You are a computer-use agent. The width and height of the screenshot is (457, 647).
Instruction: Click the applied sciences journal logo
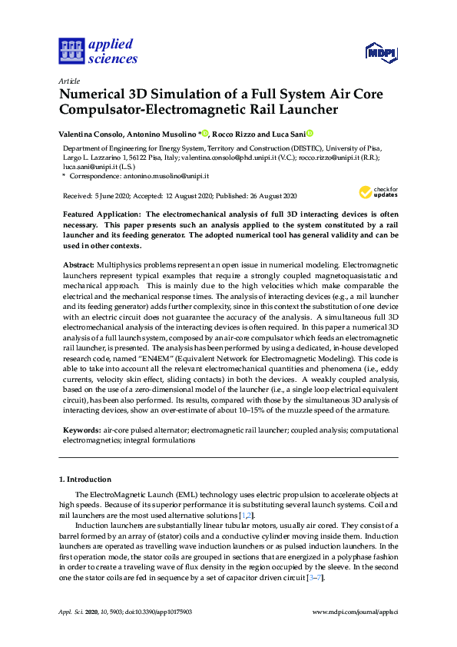click(x=98, y=51)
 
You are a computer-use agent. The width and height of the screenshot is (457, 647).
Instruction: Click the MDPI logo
click(x=380, y=52)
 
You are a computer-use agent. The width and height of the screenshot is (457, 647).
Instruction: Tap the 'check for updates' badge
click(x=378, y=192)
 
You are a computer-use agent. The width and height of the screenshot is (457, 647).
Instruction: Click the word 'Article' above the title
click(x=69, y=80)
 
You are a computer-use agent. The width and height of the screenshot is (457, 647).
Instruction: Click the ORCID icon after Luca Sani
click(x=310, y=133)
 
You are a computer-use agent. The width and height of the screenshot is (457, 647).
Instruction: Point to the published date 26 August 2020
click(x=275, y=196)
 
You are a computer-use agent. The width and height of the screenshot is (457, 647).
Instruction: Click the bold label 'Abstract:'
click(x=78, y=264)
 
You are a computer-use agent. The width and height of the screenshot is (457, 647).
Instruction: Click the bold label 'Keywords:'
click(x=81, y=430)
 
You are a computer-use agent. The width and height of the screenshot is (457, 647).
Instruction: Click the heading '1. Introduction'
click(x=84, y=479)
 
